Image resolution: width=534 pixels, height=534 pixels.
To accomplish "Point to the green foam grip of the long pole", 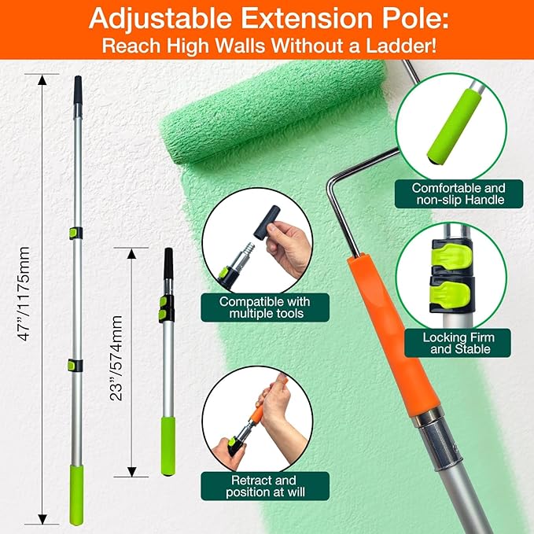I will click(76, 494).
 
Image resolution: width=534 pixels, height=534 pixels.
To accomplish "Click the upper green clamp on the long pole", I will click(74, 234).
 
